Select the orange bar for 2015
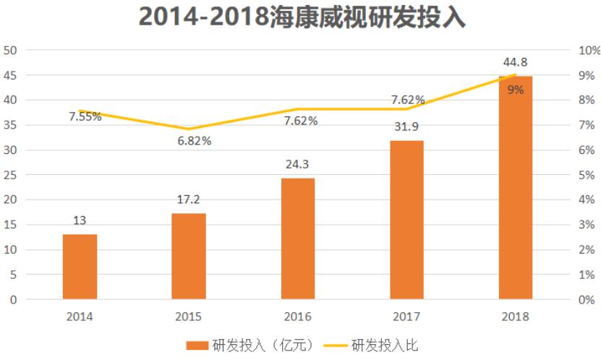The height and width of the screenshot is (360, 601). [x=189, y=256]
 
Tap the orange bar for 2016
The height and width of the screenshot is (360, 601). [x=298, y=239]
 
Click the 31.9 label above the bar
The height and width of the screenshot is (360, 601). [x=406, y=127]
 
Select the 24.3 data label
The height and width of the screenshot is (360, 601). [x=298, y=165]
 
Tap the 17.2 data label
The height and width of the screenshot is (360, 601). [x=189, y=200]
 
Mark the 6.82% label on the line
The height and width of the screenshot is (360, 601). [x=195, y=141]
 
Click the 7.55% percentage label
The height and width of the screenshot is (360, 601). [x=85, y=116]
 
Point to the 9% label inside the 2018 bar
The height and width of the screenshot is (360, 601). [x=516, y=90]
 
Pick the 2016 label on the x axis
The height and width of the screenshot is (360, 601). [x=298, y=317]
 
